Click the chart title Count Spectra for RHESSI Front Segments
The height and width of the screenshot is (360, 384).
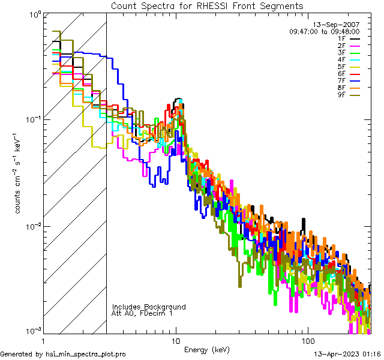[x=207, y=5]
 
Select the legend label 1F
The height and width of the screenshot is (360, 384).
[x=341, y=38]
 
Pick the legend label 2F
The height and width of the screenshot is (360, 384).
[x=341, y=46]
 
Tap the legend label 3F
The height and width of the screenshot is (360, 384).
[x=341, y=53]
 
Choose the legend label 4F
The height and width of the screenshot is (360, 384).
[x=341, y=59]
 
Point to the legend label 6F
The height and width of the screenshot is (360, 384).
[x=341, y=74]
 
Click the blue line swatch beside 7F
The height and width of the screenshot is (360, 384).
[x=355, y=81]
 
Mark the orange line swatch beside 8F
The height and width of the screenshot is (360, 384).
[x=355, y=88]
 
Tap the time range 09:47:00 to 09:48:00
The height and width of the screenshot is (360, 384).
[x=324, y=31]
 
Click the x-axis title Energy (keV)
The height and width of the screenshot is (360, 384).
[x=207, y=349]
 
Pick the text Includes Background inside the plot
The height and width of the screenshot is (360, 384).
[x=149, y=307]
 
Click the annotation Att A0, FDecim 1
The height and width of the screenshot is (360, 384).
[x=142, y=313]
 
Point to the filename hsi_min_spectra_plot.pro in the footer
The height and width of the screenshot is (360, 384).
[x=86, y=355]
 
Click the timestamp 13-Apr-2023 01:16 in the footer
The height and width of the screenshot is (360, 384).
[x=347, y=355]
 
